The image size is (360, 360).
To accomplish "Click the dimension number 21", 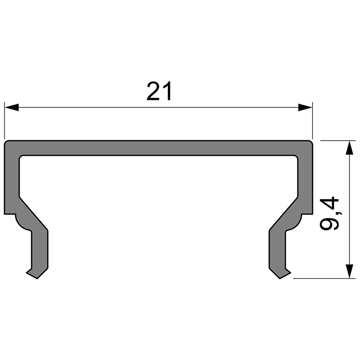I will (x=159, y=92).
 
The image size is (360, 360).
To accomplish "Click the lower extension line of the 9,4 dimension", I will (x=324, y=278).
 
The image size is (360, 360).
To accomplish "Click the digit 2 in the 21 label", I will (x=153, y=92).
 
